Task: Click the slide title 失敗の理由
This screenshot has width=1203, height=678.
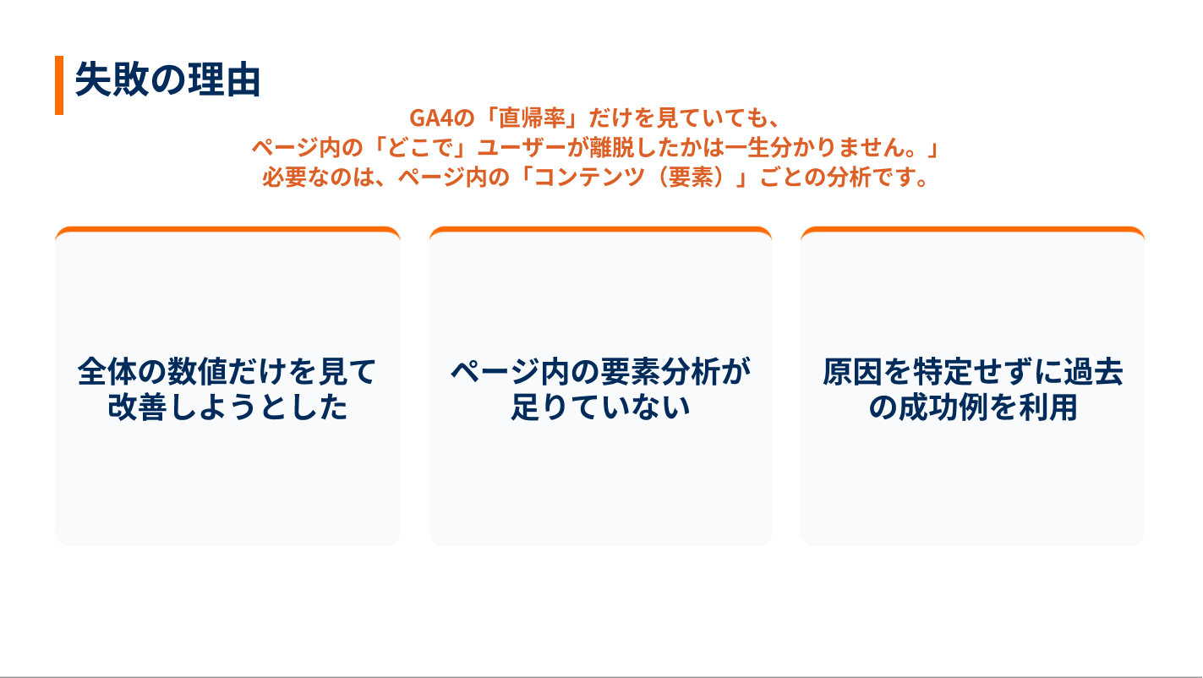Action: pyautogui.click(x=167, y=79)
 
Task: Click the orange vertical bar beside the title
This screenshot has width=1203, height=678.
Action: pyautogui.click(x=59, y=85)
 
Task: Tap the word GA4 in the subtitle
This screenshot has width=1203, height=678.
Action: pyautogui.click(x=432, y=118)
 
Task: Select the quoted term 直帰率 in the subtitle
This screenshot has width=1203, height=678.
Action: pyautogui.click(x=533, y=118)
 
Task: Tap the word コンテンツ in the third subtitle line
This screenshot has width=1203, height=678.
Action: pyautogui.click(x=590, y=177)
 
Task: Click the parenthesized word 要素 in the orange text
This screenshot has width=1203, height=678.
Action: pyautogui.click(x=691, y=177)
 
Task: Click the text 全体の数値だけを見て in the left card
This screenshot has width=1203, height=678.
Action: pyautogui.click(x=227, y=371)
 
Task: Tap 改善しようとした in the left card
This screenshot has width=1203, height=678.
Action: pyautogui.click(x=227, y=407)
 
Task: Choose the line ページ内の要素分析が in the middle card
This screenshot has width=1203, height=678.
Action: pyautogui.click(x=600, y=371)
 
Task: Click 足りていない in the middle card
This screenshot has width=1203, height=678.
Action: pyautogui.click(x=600, y=407)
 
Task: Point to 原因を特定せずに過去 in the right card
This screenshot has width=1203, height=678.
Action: pyautogui.click(x=972, y=371)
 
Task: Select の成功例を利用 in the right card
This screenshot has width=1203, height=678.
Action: pyautogui.click(x=972, y=407)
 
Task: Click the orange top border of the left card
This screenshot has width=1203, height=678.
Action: pyautogui.click(x=227, y=229)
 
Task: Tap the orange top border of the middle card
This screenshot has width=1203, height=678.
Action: pyautogui.click(x=600, y=229)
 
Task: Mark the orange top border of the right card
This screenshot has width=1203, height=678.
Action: pyautogui.click(x=972, y=229)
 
